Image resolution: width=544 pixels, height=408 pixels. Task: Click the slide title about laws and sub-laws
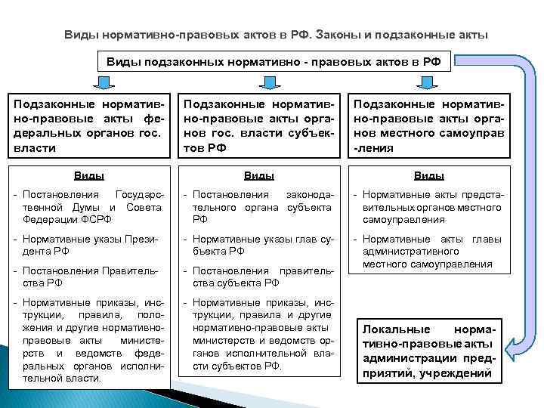276,35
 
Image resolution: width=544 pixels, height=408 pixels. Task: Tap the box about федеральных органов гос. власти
89,125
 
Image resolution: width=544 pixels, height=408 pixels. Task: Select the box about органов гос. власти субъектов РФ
258,125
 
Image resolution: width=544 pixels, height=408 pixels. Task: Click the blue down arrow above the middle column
260,82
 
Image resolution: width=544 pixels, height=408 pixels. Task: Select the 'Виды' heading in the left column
88,175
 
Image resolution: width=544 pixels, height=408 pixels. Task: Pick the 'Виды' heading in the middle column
258,175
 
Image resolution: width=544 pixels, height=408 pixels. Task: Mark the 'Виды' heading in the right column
428,175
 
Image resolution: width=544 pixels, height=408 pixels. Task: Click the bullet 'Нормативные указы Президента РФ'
88,245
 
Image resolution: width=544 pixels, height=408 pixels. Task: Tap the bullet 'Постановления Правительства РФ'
88,277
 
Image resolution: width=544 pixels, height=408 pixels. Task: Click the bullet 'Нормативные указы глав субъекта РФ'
258,245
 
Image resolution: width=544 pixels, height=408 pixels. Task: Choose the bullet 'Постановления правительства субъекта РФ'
258,277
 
